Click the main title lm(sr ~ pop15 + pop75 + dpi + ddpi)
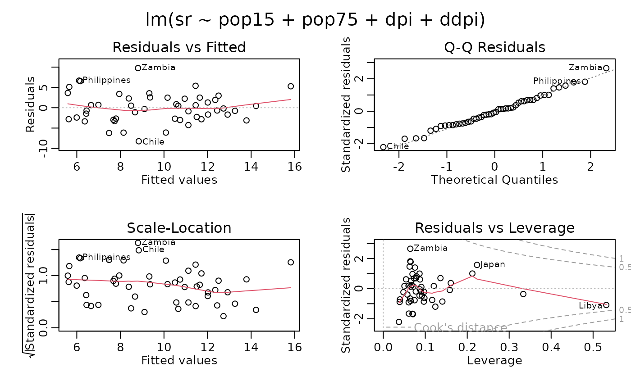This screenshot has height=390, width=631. pos(315,20)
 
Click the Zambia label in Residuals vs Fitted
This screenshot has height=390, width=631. pos(158,68)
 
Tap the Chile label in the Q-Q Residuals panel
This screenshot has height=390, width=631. pos(398,146)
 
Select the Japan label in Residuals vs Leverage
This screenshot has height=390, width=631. pos(493,264)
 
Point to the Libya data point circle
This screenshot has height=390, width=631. pos(606,305)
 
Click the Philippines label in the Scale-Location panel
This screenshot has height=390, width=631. pos(107,257)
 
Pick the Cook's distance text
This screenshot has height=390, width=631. pos(461,327)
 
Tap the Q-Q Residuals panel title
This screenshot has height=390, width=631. pos(494,47)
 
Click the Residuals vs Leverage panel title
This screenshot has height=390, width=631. pos(494,228)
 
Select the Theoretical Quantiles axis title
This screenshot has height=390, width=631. pos(494,180)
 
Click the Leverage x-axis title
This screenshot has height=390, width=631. pos(494,360)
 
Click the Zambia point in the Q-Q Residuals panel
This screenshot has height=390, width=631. pos(606,68)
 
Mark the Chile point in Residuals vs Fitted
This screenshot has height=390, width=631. pos(139,141)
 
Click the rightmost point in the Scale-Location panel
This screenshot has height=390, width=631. pos(291,262)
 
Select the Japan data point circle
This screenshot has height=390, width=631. pos(477,265)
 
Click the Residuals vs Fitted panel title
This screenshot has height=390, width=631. pos(179,47)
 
